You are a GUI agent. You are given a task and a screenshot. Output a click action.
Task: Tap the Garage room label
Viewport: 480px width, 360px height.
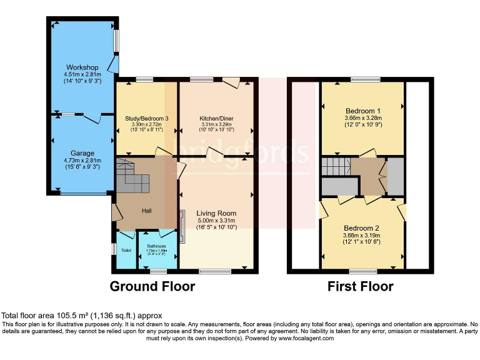(x=82, y=153)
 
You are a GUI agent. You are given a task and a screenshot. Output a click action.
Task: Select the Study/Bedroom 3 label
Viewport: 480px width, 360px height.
(x=146, y=118)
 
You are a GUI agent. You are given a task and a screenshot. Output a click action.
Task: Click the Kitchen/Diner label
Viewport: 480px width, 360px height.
(x=216, y=118)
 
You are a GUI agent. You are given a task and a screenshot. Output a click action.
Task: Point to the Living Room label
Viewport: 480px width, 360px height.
(x=216, y=213)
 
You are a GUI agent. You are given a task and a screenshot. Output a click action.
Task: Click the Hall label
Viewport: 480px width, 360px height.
(x=147, y=211)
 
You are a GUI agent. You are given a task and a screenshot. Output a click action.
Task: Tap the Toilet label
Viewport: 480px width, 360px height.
(x=126, y=251)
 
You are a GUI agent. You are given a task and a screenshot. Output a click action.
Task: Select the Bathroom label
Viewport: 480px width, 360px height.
(x=156, y=246)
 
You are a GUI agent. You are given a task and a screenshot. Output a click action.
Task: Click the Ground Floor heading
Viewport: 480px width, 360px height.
(x=152, y=287)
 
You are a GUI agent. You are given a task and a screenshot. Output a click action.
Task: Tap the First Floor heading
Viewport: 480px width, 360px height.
(x=361, y=287)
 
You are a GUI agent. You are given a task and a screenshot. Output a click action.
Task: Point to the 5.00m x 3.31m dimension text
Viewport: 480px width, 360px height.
(x=216, y=221)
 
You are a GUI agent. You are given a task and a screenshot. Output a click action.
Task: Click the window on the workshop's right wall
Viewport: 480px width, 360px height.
(x=116, y=41)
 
